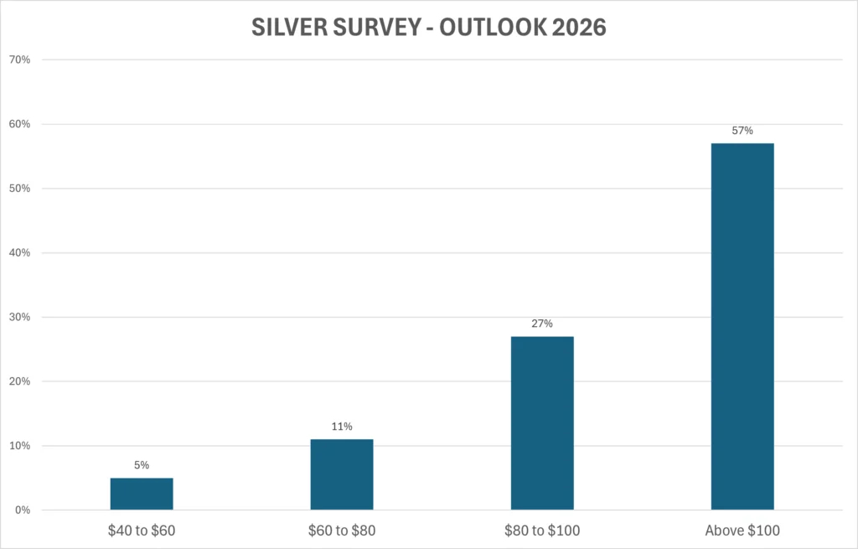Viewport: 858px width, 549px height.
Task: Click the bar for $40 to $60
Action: pos(142,494)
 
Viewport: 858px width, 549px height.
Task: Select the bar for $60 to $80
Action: pos(342,474)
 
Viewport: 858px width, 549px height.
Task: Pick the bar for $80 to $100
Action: pos(542,423)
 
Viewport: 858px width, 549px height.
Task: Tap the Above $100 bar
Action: pos(742,327)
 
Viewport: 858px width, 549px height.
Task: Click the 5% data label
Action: pos(142,465)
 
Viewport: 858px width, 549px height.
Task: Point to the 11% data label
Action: pos(342,427)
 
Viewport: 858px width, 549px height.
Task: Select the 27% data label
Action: pos(542,324)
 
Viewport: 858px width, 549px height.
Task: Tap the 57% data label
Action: pos(742,130)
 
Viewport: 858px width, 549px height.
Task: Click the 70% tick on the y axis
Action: pos(20,60)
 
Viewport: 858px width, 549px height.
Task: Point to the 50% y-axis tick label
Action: pos(20,189)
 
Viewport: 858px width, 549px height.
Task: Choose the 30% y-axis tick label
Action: pos(20,317)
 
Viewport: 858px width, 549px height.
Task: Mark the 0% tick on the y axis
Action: pos(23,510)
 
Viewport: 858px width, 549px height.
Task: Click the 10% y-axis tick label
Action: pos(20,446)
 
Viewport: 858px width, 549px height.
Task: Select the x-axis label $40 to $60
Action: pos(142,531)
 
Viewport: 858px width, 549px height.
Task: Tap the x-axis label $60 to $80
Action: pos(342,531)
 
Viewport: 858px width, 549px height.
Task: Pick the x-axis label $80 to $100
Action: pos(542,531)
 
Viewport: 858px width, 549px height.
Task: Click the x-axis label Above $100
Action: pos(742,531)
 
